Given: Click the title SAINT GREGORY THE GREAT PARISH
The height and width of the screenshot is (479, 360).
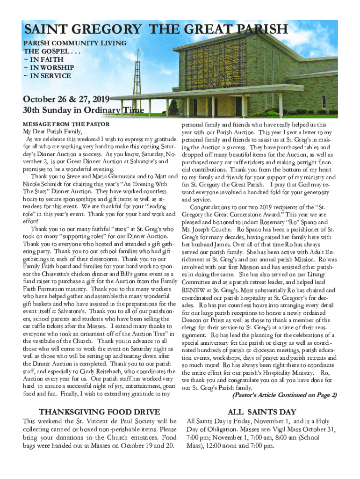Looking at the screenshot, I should point(156,29).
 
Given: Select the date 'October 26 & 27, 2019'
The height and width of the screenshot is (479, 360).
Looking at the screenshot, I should point(66,99).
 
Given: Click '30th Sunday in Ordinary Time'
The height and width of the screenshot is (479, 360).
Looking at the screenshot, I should point(77,110).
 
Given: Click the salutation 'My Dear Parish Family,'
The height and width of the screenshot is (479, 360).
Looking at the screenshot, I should point(52,132).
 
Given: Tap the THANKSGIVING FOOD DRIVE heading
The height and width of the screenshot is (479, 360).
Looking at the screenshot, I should point(100,412).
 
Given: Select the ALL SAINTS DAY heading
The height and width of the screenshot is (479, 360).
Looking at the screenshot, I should point(261,412).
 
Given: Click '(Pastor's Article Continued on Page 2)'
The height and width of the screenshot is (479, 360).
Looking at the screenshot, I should point(284,395).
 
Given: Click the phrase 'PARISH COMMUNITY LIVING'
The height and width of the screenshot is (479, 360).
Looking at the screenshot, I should point(75,43).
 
